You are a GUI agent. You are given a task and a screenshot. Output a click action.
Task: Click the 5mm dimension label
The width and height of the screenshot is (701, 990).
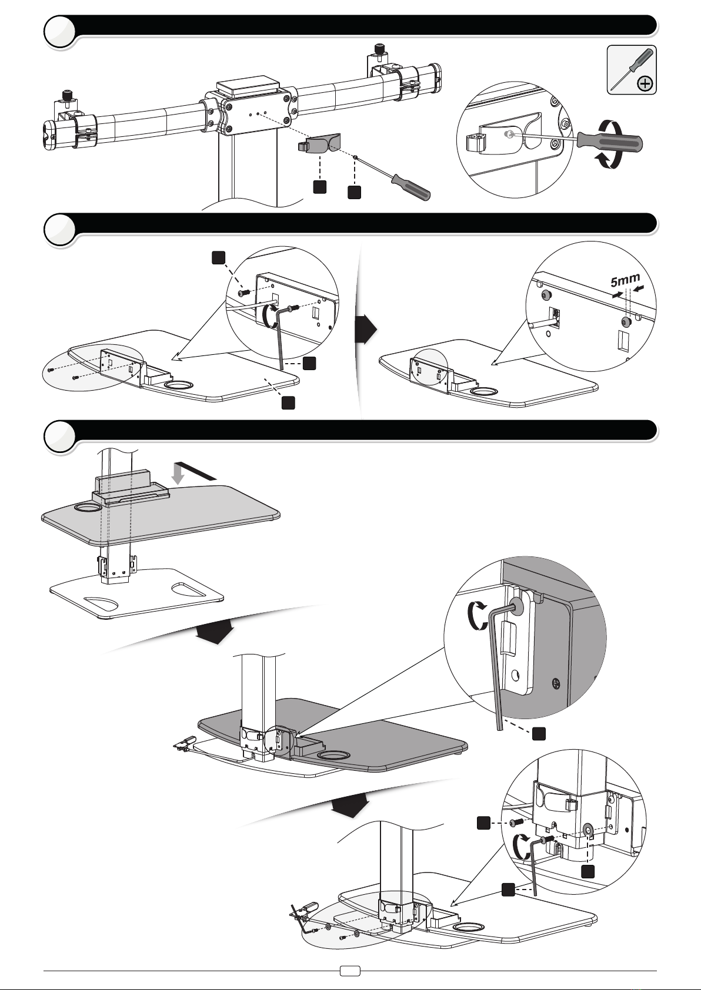point(625,280)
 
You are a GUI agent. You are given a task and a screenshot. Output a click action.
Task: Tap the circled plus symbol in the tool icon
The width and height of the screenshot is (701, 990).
point(645,83)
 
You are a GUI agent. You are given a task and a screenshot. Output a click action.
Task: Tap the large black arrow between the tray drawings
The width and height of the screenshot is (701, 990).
point(366,329)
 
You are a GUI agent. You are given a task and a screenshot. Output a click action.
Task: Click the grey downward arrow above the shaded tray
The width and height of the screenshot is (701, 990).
point(178,474)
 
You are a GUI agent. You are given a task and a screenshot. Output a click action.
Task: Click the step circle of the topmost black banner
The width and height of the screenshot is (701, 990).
point(60,31)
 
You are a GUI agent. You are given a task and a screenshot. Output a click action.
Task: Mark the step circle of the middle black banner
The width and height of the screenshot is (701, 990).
point(60,229)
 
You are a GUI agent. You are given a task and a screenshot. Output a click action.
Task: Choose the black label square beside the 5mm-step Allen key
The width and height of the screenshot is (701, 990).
point(309,363)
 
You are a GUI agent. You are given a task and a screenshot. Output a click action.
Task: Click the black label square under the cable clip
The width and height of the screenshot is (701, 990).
point(320,186)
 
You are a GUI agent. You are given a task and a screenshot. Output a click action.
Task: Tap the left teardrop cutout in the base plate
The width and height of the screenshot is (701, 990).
point(102,602)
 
